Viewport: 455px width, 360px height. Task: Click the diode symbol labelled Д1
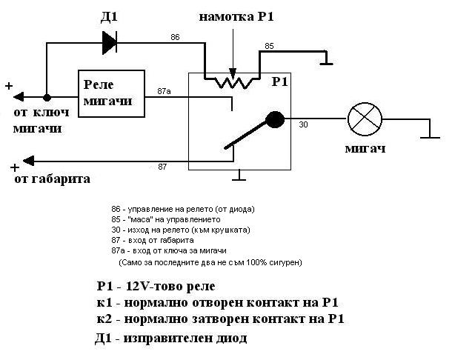108,44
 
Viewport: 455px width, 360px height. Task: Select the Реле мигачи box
111,93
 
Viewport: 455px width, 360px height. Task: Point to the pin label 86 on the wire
175,37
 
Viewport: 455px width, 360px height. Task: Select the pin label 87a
165,90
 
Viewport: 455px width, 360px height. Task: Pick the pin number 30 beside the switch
302,124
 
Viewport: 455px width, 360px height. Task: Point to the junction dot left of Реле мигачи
47,97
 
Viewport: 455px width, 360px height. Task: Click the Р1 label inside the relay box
280,81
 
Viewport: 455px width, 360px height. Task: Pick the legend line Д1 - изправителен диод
171,339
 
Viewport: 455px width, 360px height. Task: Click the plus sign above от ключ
9,86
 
